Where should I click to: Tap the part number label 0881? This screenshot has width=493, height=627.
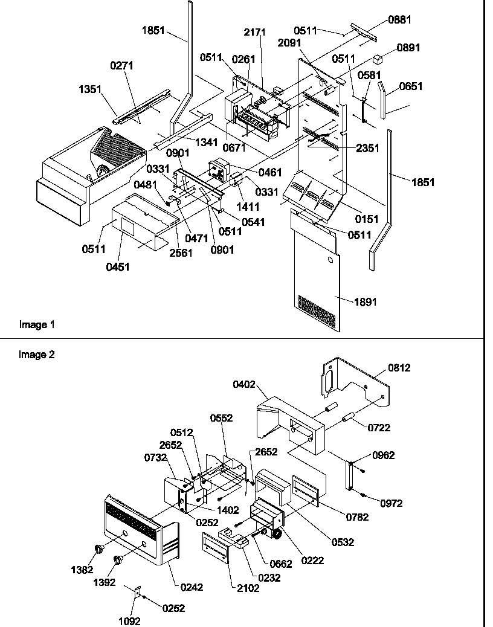pyautogui.click(x=399, y=20)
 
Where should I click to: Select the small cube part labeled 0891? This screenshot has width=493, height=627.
pyautogui.click(x=378, y=59)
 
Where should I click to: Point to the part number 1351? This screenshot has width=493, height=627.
pyautogui.click(x=90, y=88)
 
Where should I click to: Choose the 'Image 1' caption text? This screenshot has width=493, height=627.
pyautogui.click(x=37, y=325)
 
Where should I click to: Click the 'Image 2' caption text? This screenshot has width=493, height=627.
pyautogui.click(x=37, y=355)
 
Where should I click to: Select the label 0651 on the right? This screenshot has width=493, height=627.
pyautogui.click(x=411, y=88)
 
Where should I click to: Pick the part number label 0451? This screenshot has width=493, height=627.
pyautogui.click(x=118, y=267)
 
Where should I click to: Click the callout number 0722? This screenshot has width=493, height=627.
pyautogui.click(x=379, y=428)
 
